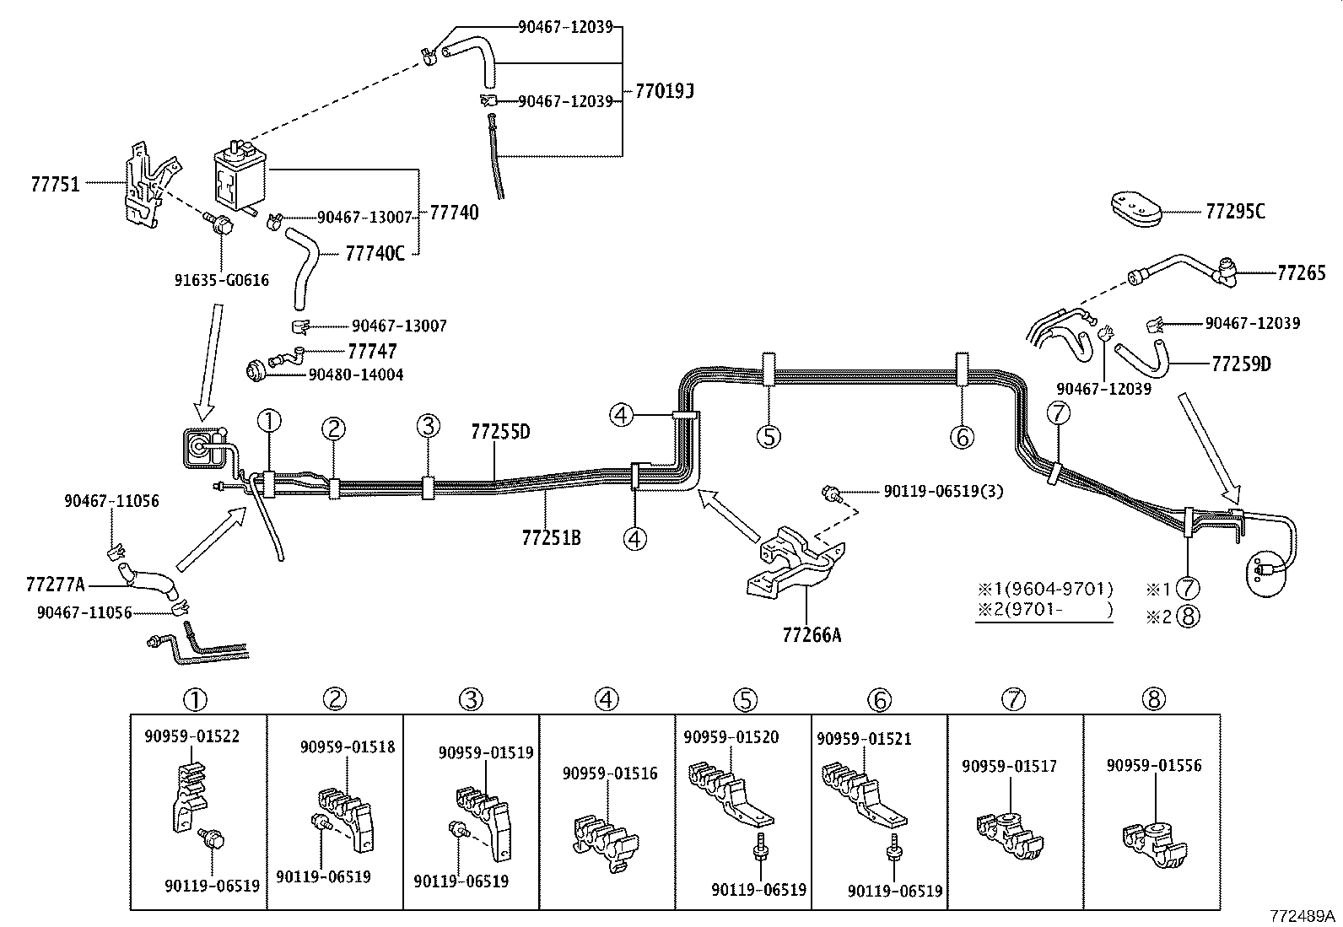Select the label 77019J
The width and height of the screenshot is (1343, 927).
(659, 91)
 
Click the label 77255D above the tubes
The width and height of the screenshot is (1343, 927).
(500, 432)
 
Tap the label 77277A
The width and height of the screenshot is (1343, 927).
(55, 584)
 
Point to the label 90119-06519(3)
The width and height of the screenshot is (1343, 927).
(943, 491)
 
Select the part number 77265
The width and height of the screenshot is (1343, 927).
(1301, 272)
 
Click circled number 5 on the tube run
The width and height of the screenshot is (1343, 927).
(768, 436)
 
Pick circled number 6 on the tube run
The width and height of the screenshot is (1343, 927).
(961, 436)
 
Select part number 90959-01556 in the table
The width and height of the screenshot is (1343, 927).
(1153, 765)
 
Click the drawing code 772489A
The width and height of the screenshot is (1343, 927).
(1303, 916)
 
